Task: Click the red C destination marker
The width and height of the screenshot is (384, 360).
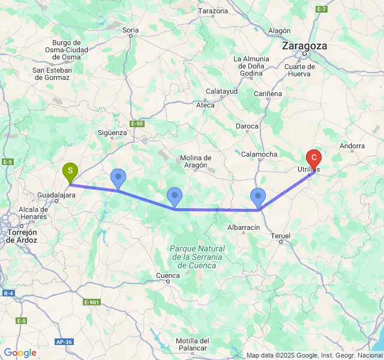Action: [313, 159]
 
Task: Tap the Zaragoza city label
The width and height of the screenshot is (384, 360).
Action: [305, 46]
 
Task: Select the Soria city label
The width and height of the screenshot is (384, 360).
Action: [130, 29]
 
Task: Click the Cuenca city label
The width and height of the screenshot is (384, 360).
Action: [167, 276]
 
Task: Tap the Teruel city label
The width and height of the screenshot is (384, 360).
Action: [280, 236]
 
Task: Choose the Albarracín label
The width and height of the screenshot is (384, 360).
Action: [244, 227]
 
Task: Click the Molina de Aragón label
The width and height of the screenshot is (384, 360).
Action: [196, 161]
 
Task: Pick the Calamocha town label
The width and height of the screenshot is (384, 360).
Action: [259, 154]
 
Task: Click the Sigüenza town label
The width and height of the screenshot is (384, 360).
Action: [112, 133]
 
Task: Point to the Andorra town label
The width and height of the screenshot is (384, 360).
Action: [352, 146]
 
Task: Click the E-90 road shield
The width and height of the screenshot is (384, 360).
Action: [137, 124]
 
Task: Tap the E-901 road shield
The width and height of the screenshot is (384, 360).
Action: [91, 302]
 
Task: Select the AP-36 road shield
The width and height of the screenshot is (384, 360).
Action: [64, 341]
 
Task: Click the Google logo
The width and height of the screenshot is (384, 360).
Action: [20, 353]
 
